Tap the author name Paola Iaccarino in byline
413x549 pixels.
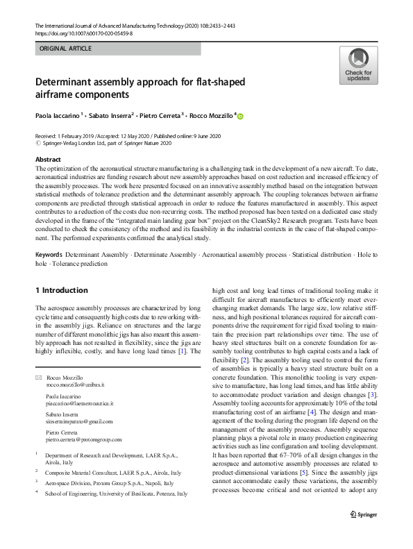click(60, 115)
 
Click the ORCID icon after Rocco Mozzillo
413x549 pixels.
click(242, 116)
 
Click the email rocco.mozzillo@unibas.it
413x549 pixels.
click(75, 384)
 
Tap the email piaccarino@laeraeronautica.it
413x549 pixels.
click(79, 403)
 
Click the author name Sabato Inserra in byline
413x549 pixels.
click(112, 115)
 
